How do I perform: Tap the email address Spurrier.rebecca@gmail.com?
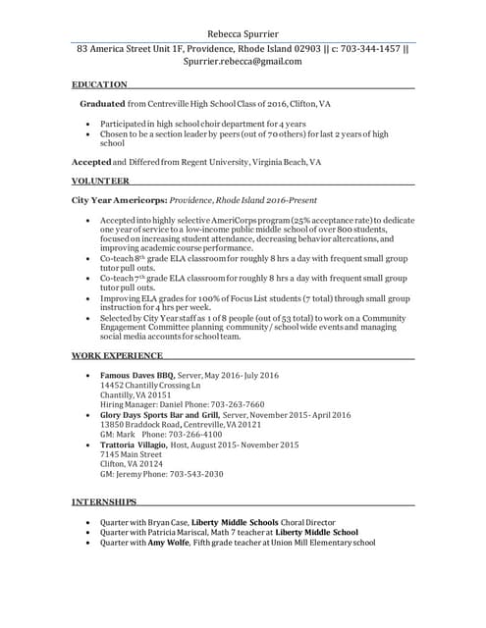tap(243, 61)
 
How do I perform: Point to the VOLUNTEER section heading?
tap(100, 181)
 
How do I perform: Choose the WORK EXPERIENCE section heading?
tap(118, 354)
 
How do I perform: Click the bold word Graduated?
tap(102, 103)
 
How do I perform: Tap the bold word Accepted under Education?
tap(91, 161)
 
